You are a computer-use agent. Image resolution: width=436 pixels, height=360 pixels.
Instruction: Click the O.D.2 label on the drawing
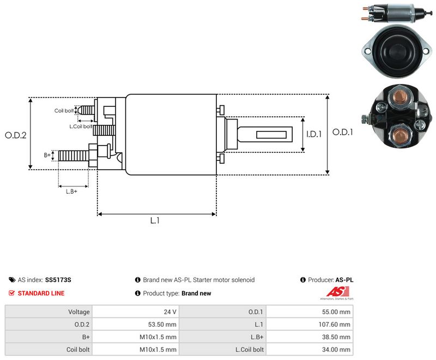tap(16, 135)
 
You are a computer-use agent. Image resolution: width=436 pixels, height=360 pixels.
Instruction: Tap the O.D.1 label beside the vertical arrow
tap(343, 132)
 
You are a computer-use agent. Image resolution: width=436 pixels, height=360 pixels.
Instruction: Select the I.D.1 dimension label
tap(314, 134)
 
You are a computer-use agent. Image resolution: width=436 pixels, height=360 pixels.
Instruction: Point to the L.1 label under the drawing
tap(155, 220)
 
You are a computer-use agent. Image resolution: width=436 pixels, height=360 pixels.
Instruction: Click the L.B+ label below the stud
tap(71, 191)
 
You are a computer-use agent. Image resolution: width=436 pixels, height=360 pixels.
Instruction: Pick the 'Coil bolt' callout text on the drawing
tap(64, 111)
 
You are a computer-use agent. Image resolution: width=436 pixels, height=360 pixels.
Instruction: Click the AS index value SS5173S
tap(58, 280)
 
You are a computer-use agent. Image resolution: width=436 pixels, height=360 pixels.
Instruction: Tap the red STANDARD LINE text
tap(41, 293)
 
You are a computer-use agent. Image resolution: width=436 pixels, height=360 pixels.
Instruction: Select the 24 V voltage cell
tap(170, 312)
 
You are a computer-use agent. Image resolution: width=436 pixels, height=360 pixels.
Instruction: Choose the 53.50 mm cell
tap(162, 325)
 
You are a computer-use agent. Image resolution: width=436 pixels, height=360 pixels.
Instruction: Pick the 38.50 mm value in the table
tap(336, 337)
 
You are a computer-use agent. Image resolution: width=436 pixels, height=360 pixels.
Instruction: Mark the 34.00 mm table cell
tap(336, 350)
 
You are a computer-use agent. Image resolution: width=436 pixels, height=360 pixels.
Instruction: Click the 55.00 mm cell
tap(336, 312)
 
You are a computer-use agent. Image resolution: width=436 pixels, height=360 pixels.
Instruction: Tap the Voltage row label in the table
tap(79, 312)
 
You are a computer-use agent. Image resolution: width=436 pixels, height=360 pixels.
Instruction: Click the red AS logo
tap(337, 292)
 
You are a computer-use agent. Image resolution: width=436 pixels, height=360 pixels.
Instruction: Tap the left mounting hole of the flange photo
tap(368, 51)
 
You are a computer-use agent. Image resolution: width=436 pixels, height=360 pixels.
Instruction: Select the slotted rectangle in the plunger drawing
tap(271, 135)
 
